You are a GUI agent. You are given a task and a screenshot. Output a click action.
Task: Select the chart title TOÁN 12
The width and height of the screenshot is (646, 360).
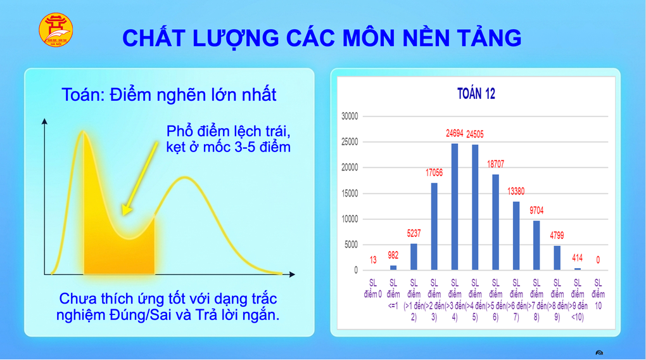[476, 94]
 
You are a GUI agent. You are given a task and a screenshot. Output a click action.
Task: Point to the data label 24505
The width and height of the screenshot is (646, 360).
[476, 134]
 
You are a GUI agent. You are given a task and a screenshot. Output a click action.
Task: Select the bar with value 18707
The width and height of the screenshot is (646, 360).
[496, 222]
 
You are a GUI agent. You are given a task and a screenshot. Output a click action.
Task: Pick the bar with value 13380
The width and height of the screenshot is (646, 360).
[516, 236]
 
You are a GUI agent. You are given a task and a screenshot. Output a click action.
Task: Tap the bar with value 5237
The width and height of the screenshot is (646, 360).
[414, 257]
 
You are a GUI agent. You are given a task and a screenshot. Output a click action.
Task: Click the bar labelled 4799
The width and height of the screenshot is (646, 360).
[557, 258]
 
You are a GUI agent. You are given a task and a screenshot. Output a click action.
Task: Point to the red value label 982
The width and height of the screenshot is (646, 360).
[393, 255]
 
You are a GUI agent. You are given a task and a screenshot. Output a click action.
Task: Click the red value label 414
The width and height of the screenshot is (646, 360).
[578, 258]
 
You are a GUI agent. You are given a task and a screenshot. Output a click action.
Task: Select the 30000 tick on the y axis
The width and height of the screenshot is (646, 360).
[350, 117]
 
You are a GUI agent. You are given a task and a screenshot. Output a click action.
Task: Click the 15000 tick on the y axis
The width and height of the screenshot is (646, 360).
[350, 193]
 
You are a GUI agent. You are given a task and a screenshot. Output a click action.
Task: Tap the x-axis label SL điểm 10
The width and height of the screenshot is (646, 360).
[598, 294]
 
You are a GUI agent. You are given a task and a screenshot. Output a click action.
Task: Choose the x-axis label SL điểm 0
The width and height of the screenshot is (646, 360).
[372, 289]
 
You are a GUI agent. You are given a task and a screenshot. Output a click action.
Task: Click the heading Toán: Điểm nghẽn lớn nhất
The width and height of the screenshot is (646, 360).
[169, 95]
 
